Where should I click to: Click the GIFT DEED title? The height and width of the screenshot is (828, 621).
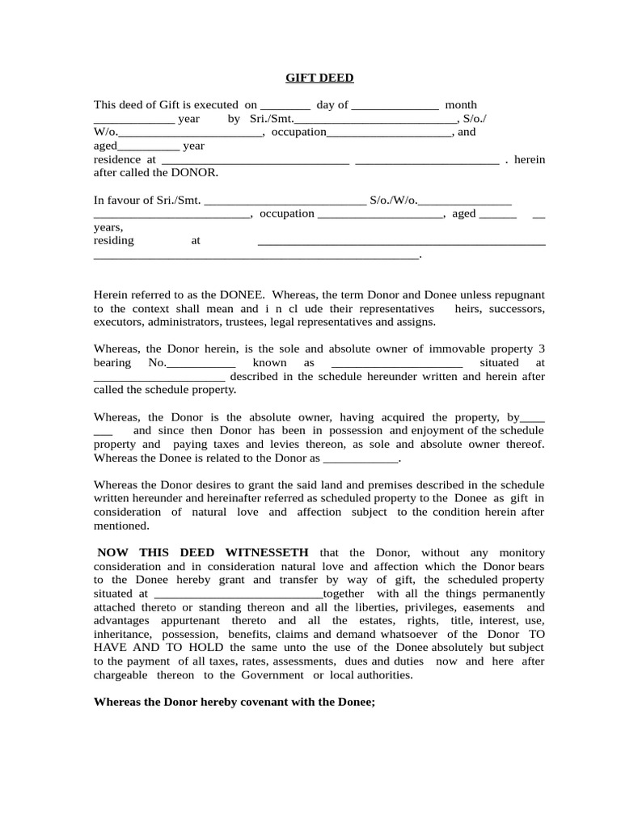[319, 78]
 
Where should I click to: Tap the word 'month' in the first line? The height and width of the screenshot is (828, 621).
[461, 105]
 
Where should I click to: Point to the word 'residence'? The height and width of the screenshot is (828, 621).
[117, 160]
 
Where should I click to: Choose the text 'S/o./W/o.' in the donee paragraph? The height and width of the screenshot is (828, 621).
[393, 200]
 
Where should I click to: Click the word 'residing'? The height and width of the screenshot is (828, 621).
[114, 241]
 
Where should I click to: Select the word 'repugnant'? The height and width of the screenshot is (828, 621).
[518, 296]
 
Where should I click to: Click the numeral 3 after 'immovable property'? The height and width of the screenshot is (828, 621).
[542, 349]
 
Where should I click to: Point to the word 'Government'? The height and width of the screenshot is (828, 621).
[275, 675]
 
